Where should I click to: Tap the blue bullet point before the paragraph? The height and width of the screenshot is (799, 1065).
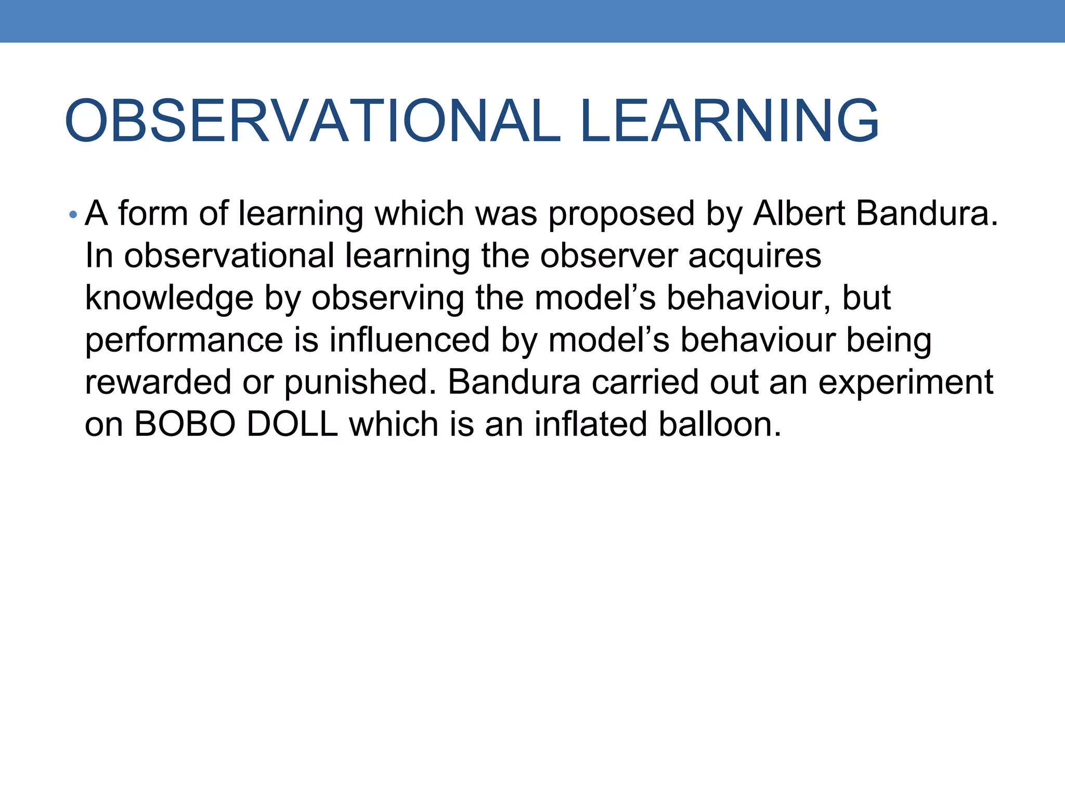tap(73, 215)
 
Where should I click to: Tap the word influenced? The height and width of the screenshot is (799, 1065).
tap(409, 340)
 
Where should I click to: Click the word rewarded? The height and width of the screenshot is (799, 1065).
tap(158, 382)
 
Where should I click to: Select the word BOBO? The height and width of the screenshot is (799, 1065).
tap(185, 424)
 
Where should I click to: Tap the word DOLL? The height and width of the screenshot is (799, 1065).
tap(292, 424)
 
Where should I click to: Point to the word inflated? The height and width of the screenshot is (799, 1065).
tap(591, 424)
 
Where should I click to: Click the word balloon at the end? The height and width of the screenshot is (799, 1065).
tap(719, 424)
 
